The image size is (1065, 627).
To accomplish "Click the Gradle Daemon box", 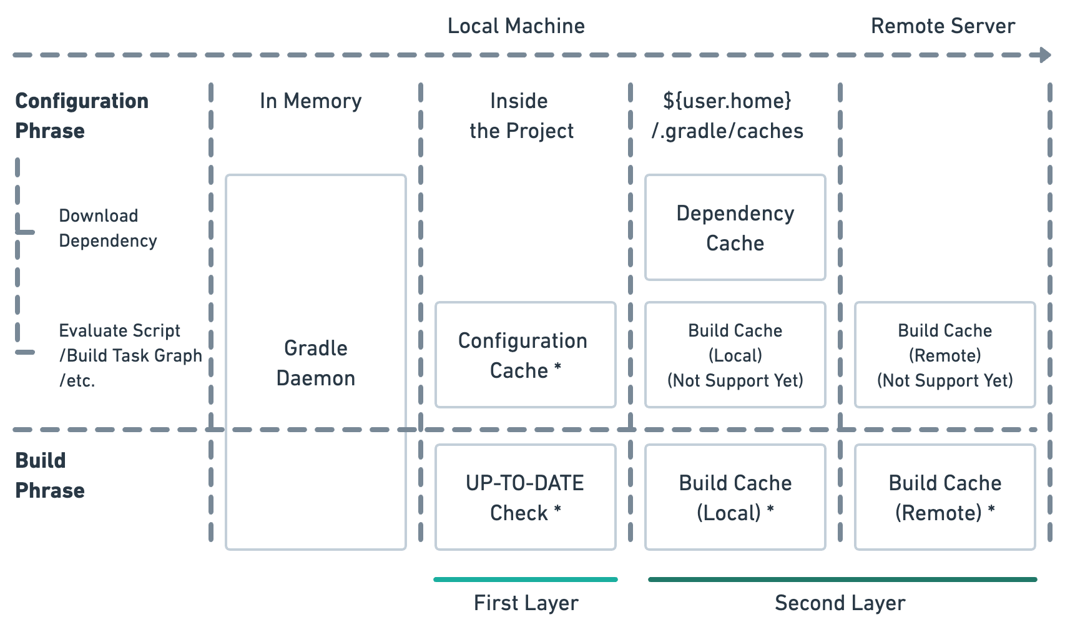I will tap(315, 362).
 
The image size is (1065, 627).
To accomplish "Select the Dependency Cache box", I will tap(735, 228).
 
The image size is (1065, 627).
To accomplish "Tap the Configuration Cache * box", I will tap(525, 355).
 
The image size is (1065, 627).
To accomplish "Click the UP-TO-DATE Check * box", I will tap(525, 497).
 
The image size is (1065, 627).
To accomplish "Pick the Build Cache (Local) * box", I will tap(735, 497).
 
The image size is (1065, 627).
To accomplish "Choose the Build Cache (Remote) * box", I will tap(945, 497).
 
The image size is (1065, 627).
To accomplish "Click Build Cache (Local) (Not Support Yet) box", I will tap(735, 355).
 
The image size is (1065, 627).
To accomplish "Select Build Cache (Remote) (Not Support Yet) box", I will tap(945, 355).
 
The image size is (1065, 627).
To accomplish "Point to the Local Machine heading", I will tap(516, 26).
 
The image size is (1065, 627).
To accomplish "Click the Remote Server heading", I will tap(943, 26).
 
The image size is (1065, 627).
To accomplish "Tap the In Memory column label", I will tap(310, 101).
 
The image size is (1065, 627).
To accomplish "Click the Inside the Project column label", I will tap(521, 116).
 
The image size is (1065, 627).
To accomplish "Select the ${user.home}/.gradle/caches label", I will tap(727, 116).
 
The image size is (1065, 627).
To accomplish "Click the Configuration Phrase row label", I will tap(81, 116).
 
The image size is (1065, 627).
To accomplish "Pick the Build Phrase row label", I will tap(49, 476).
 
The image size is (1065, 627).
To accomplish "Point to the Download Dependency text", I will tap(107, 229).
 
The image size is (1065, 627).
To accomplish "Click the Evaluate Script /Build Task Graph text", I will tap(129, 355).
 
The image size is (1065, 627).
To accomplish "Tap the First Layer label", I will tap(526, 603).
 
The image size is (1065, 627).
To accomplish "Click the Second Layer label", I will tap(840, 603).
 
